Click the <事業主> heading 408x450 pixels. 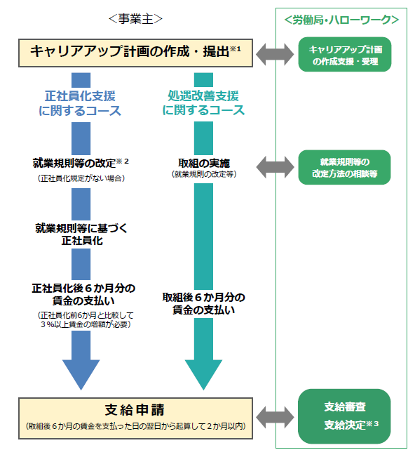135,19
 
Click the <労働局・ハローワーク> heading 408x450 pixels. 341,20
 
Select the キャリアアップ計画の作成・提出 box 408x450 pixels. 135,53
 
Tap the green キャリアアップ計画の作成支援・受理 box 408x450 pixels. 345,54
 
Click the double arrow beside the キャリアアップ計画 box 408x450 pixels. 275,54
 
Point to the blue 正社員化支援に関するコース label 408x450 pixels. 80,103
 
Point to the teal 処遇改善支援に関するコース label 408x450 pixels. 203,102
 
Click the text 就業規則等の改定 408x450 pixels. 74,163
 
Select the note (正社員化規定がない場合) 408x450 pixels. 81,178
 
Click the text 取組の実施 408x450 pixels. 204,163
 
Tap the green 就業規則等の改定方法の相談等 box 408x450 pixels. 344,167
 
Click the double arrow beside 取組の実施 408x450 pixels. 275,167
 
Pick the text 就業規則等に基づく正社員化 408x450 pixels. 81,234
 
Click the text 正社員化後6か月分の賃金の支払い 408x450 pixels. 83,294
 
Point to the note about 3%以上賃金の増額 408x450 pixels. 86,320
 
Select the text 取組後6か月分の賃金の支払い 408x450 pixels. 203,304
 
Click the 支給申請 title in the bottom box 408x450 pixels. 135,410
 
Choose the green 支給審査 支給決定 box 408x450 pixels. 344,416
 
